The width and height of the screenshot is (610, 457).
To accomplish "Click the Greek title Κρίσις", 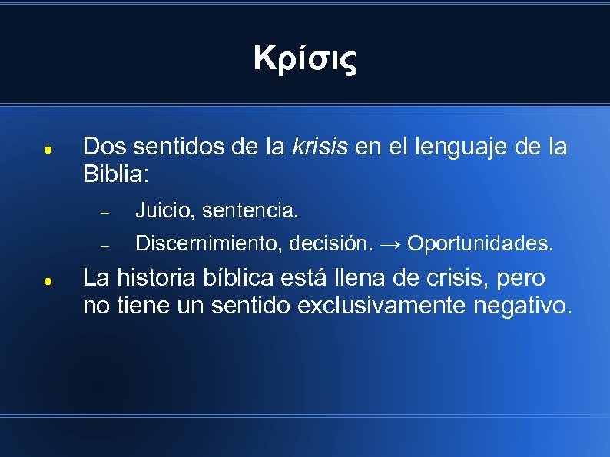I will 305,58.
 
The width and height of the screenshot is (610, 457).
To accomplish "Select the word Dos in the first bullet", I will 101,146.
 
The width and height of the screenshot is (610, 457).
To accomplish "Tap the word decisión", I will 333,244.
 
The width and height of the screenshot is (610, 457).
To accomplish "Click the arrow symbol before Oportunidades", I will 390,244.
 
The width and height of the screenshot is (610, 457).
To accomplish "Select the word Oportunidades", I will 479,244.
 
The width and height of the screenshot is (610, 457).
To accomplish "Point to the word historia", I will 154,277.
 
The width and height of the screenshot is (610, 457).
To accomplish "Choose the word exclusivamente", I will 388,306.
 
